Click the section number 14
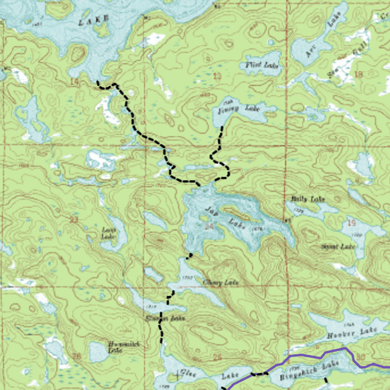[75, 82]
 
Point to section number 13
[217, 76]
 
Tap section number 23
[75, 220]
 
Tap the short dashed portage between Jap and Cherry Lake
[189, 256]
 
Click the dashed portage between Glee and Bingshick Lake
[259, 374]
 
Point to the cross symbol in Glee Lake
[177, 376]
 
